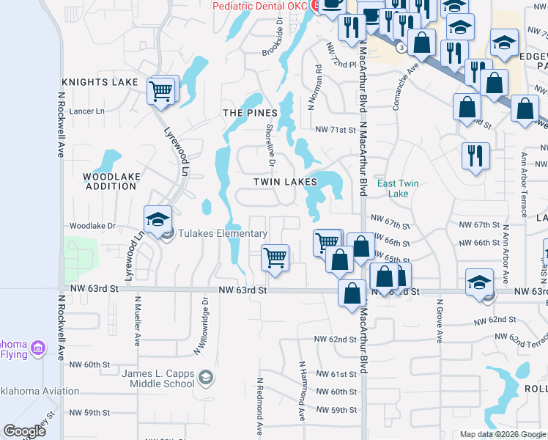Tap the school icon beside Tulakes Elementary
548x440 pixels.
(x=157, y=220)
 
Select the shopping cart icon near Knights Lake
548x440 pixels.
(x=160, y=92)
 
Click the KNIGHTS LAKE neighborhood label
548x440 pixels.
(x=100, y=82)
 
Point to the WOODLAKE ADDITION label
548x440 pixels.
(x=109, y=181)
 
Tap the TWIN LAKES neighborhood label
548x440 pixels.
(x=285, y=181)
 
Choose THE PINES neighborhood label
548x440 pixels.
(x=250, y=113)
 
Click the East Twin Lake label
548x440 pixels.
(x=399, y=188)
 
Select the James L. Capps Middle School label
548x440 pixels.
(x=158, y=378)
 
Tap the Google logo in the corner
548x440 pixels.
(x=24, y=431)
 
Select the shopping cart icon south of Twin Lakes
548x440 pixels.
(x=275, y=257)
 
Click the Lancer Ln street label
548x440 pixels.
(x=88, y=111)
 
